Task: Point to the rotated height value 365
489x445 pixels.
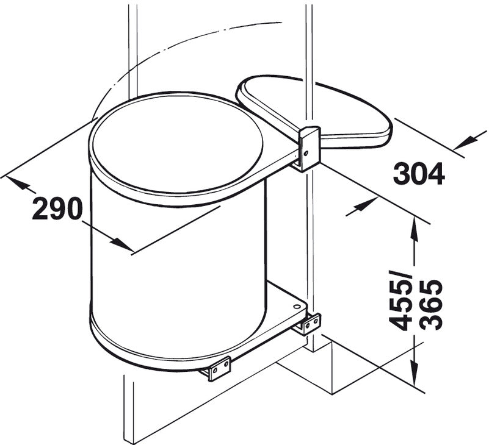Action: (x=432, y=304)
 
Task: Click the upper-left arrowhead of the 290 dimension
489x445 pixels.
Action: (x=18, y=181)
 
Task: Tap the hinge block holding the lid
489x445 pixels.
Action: (x=309, y=148)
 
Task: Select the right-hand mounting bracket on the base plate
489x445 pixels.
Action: (x=310, y=323)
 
